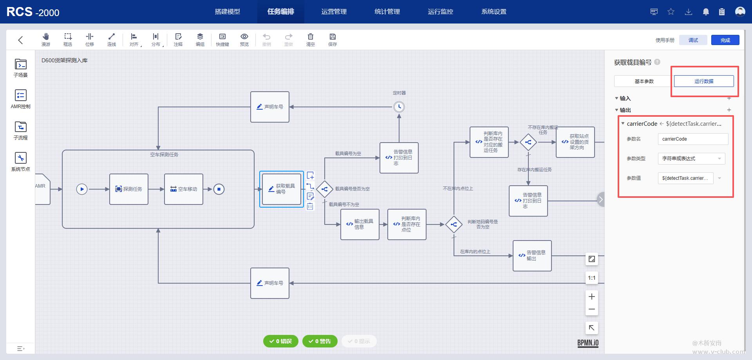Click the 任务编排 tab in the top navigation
280,12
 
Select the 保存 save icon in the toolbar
333,40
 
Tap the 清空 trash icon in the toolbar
310,40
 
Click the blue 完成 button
725,40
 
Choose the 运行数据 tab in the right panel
703,81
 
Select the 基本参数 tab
644,81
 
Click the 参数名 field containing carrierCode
692,139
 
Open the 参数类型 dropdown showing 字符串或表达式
691,159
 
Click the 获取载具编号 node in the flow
282,189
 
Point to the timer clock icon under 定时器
399,107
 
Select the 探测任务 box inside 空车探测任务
129,189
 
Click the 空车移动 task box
184,189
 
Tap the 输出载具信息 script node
360,224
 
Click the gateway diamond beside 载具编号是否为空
324,189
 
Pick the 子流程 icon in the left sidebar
21,131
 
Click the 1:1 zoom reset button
591,278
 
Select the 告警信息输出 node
532,256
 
